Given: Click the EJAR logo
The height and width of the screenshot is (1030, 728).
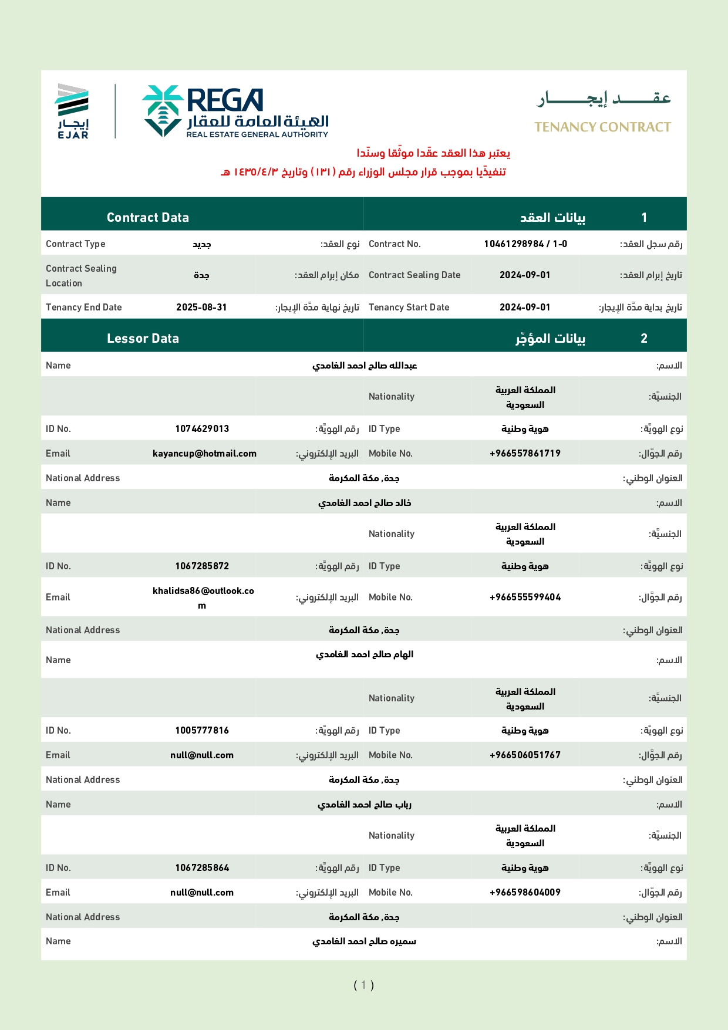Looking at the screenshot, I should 73,111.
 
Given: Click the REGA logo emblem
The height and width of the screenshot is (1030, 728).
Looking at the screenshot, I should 163,111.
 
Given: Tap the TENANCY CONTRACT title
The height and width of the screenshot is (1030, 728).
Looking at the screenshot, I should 602,127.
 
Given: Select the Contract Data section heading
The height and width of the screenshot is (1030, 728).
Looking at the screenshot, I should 148,218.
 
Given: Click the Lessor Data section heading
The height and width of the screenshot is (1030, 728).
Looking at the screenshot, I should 143,339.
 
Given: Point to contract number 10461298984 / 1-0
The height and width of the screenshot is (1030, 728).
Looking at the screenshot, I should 525,244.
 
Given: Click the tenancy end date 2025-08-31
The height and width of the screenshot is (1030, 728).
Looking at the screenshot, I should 201,308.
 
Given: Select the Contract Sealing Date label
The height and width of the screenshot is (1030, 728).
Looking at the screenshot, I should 414,275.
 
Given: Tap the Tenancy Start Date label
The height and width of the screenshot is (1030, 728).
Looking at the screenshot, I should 409,308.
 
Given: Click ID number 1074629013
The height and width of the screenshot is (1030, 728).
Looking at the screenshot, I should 202,429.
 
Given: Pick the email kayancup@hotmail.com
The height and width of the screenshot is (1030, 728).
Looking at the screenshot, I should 204,454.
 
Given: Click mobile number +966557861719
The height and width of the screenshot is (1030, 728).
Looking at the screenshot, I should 525,454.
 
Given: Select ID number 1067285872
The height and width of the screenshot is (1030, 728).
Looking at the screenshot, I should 202,566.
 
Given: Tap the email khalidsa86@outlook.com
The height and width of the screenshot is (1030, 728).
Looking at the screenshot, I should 203,597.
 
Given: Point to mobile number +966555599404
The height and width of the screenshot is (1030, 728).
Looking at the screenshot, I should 525,597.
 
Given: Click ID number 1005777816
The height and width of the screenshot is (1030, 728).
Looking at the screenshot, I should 202,731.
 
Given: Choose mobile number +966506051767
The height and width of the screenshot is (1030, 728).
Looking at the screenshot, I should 525,755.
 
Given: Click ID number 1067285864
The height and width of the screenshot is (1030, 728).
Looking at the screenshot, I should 202,868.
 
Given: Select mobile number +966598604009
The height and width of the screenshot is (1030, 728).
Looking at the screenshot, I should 525,893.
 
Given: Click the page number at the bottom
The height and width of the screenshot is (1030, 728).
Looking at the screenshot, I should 363,985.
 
